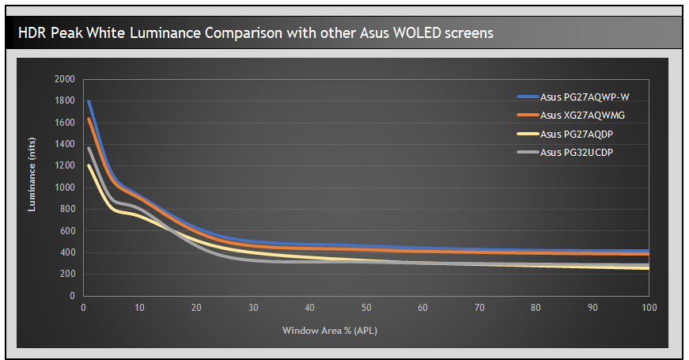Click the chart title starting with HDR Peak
pyautogui.click(x=256, y=33)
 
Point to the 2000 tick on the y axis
pyautogui.click(x=64, y=79)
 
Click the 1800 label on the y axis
pyautogui.click(x=64, y=101)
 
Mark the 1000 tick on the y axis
pyautogui.click(x=64, y=188)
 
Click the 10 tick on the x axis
pyautogui.click(x=139, y=308)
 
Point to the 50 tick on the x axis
pyautogui.click(x=366, y=308)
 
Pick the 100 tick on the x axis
pyautogui.click(x=649, y=308)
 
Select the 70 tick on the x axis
pyautogui.click(x=479, y=308)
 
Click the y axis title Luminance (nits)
pyautogui.click(x=33, y=187)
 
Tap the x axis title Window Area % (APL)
pyautogui.click(x=330, y=330)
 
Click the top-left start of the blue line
pyautogui.click(x=89, y=101)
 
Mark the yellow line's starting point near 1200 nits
pyautogui.click(x=89, y=166)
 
